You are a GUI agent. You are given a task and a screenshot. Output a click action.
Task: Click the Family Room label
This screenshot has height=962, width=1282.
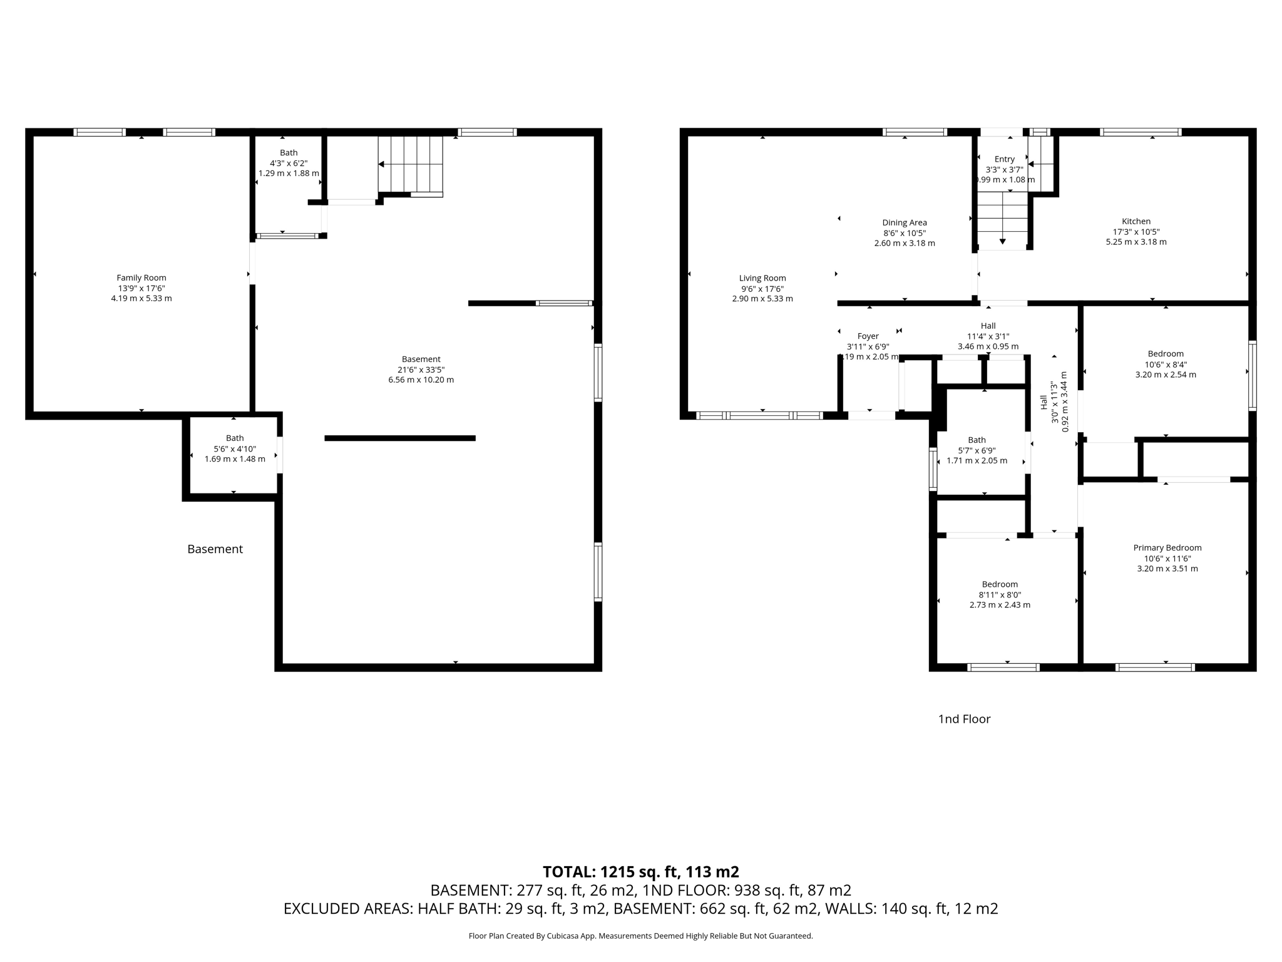[141, 277]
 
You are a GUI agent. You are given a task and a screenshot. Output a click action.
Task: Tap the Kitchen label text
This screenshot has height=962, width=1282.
[1136, 221]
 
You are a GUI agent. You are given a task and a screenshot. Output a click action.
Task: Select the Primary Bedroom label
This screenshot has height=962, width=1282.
[1167, 547]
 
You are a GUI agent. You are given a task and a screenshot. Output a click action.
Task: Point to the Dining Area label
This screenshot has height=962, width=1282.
[904, 222]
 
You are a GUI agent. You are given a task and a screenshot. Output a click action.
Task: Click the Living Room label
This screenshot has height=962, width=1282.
[762, 278]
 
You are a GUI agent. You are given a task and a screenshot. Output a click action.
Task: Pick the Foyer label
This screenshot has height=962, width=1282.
[868, 336]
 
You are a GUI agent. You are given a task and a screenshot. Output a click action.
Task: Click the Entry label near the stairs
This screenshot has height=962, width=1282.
[1004, 159]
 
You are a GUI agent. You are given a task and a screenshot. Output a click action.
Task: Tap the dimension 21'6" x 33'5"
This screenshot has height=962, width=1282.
[421, 370]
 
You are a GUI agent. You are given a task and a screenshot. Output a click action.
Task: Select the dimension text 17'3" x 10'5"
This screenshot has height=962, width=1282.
[1136, 232]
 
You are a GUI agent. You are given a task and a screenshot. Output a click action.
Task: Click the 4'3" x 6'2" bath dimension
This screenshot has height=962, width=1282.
[289, 163]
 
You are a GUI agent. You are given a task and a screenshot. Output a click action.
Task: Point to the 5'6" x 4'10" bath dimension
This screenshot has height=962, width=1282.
[235, 448]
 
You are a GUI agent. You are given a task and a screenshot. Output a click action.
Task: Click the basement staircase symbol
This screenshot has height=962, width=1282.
[410, 165]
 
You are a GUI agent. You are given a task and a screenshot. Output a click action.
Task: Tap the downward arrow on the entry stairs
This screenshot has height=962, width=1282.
[1002, 240]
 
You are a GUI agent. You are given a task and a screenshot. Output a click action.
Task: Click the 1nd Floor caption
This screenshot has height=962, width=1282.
[963, 719]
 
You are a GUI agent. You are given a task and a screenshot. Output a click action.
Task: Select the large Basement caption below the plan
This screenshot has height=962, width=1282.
[215, 549]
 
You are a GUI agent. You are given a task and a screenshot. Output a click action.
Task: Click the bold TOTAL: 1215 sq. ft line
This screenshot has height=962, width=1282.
[640, 871]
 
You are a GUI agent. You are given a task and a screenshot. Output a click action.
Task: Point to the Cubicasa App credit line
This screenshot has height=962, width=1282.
[640, 936]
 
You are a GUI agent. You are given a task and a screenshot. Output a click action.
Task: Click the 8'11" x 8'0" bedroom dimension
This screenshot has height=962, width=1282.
[999, 594]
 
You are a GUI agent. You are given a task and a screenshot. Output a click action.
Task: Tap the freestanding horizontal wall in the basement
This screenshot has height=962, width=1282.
[399, 438]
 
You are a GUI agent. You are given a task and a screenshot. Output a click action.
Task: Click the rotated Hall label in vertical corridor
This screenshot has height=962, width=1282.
[1044, 401]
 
